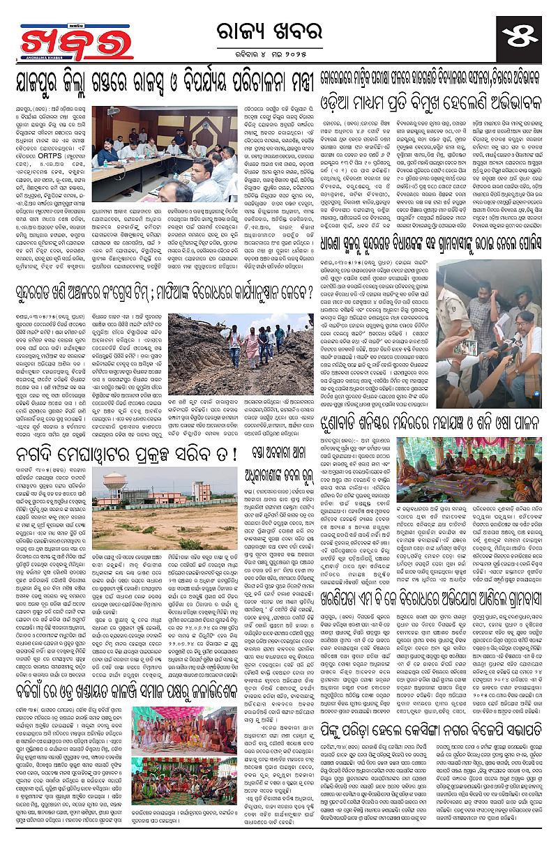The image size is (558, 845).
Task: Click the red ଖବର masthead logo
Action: (x=66, y=43)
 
